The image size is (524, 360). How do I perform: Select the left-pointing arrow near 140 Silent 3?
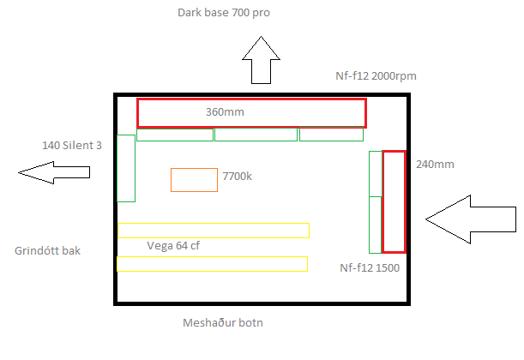pos(54,173)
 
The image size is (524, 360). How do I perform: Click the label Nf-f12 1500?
pos(370,267)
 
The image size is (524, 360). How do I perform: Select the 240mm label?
pos(434,163)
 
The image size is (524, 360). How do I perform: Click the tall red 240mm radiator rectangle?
pos(394,201)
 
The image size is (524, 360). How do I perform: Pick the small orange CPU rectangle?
pos(194,180)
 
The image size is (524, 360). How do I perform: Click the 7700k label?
pos(238,176)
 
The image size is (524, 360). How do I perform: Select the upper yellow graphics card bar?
pos(214,230)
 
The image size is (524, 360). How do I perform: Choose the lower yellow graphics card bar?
pos(213,264)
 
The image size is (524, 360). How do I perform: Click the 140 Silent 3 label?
pos(72,146)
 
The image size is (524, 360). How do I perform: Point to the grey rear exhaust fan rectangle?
pos(126,168)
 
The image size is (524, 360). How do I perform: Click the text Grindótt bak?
pos(49,251)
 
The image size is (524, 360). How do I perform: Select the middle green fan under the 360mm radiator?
pos(256,135)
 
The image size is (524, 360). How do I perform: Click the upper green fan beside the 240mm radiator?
pos(375,174)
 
